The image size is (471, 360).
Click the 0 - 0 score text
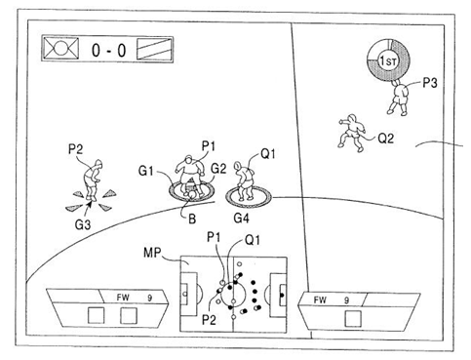(108, 51)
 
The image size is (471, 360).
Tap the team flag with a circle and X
(61, 49)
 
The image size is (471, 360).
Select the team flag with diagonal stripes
(154, 49)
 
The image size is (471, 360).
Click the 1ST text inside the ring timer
(388, 60)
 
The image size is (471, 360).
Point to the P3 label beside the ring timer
(430, 83)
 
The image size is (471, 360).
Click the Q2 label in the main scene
(386, 139)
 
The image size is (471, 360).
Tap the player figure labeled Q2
(351, 133)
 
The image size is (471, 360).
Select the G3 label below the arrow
(83, 224)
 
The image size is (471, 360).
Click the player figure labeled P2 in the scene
(93, 180)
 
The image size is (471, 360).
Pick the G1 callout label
(145, 171)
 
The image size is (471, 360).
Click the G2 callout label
(218, 169)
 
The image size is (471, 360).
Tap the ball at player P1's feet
(192, 194)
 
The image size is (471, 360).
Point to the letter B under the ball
(192, 219)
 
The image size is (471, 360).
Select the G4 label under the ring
(242, 218)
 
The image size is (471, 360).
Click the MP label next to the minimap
(152, 253)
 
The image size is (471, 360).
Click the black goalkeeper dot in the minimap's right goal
(282, 295)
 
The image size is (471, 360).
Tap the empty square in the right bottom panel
(353, 319)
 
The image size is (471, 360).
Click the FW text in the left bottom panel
(123, 298)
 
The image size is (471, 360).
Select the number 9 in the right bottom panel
(347, 300)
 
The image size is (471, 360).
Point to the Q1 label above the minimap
(253, 240)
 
